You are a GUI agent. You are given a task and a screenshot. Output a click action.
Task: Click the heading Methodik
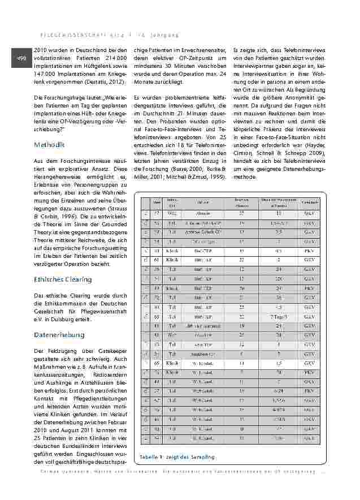coord(49,145)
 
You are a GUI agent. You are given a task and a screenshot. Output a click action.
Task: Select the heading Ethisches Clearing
coord(63,279)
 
